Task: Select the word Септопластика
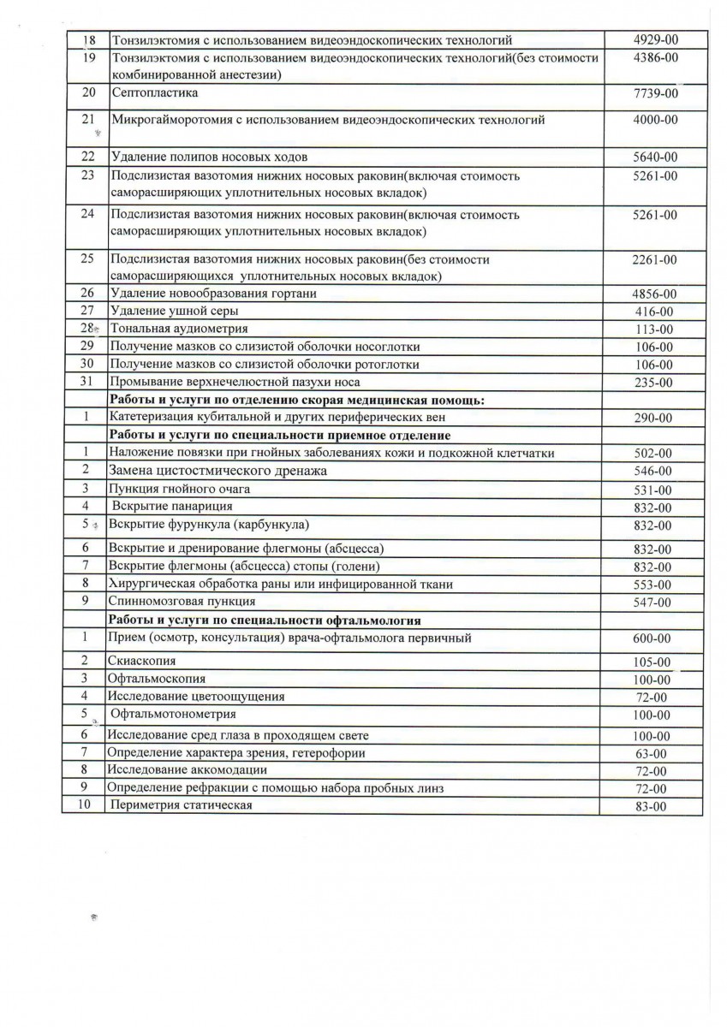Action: (154, 92)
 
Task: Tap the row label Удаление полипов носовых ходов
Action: (208, 157)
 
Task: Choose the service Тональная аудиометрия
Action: (179, 329)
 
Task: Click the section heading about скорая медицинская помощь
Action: (295, 400)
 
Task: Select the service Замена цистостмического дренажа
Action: (218, 471)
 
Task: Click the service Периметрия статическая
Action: (181, 805)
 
